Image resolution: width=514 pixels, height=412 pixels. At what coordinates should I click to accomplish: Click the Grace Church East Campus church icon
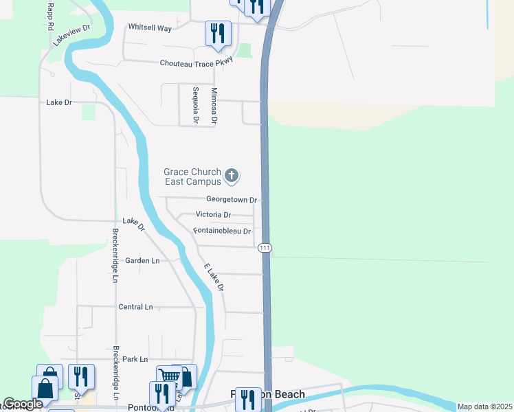click(x=232, y=176)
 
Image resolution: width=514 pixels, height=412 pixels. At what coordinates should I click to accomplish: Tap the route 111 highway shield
click(x=265, y=247)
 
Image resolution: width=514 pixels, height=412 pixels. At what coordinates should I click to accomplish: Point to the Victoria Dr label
click(x=213, y=215)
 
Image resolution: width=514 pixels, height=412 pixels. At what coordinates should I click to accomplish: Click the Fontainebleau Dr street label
click(x=222, y=231)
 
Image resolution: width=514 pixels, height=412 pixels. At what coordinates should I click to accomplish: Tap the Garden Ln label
click(x=142, y=261)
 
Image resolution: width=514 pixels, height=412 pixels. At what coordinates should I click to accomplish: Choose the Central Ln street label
click(x=135, y=307)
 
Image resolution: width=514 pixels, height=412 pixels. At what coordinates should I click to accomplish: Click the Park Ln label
click(x=134, y=359)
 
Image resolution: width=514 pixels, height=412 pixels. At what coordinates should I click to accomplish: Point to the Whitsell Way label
click(x=149, y=27)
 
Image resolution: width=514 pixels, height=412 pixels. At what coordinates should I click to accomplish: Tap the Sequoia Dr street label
click(x=196, y=105)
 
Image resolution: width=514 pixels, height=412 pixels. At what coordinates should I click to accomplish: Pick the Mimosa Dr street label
click(x=214, y=105)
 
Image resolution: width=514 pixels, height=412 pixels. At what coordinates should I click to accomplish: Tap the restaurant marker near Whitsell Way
click(x=218, y=33)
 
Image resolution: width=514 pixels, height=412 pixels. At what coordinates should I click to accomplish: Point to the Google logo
click(x=23, y=404)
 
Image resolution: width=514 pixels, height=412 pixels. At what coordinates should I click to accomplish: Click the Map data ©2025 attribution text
click(x=484, y=407)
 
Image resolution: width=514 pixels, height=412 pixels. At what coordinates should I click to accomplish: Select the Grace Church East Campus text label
click(x=192, y=176)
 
